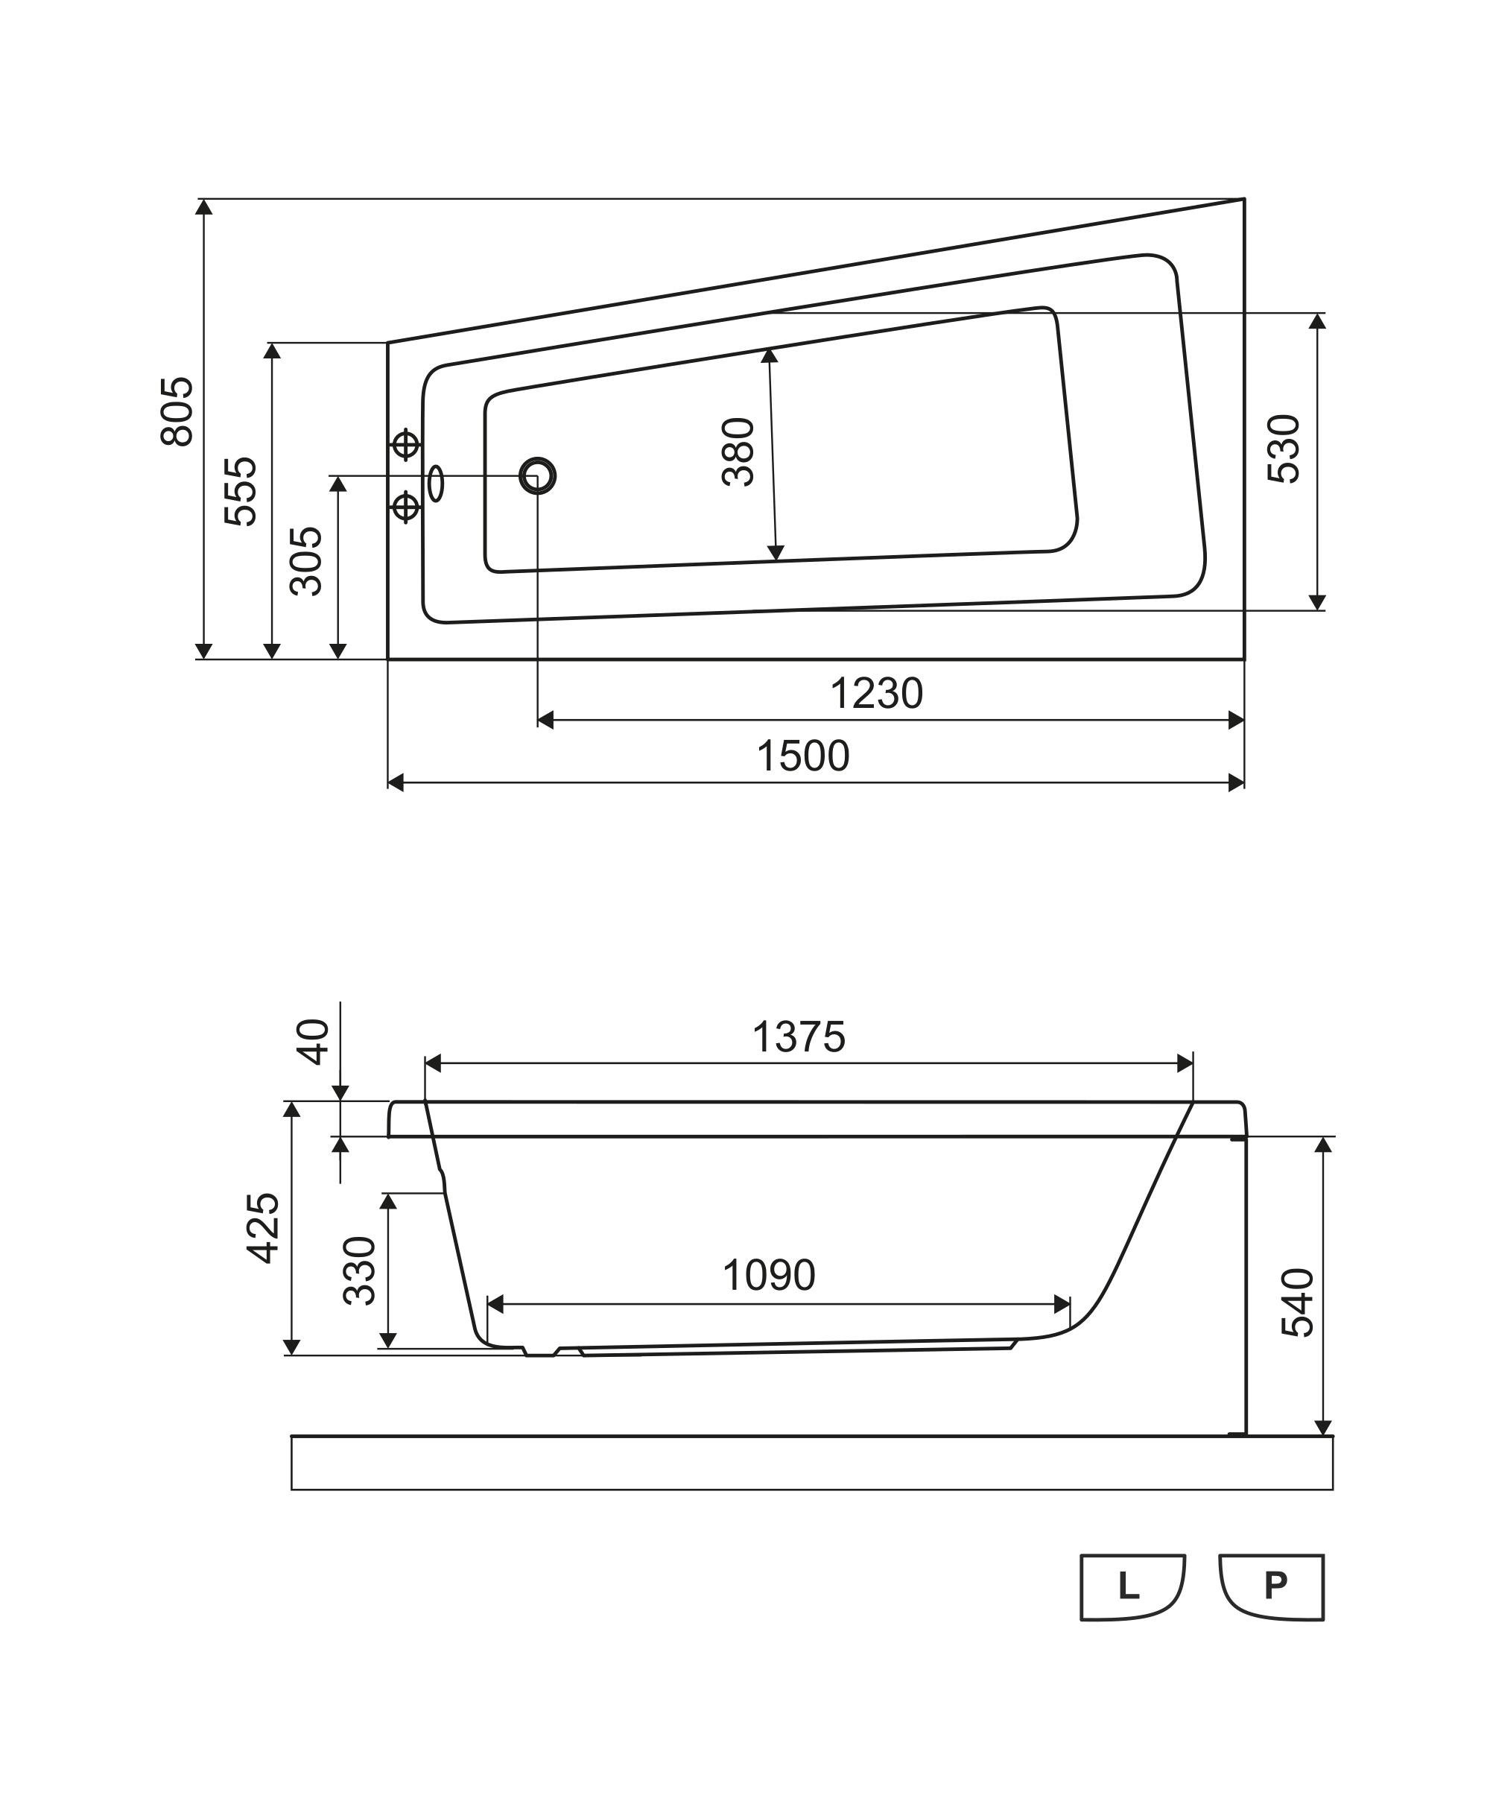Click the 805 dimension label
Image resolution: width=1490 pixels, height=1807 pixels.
coord(177,411)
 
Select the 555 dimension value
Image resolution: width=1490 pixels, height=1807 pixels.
coord(241,491)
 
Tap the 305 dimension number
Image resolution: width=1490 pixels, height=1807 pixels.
coord(306,561)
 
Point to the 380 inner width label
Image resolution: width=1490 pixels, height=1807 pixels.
coord(738,452)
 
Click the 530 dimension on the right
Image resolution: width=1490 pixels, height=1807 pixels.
coord(1284,449)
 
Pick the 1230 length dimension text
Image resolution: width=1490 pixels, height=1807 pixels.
coord(876,694)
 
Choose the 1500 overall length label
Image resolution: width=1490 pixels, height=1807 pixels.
coord(802,756)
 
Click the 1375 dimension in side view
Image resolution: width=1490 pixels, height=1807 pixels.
coord(798,1037)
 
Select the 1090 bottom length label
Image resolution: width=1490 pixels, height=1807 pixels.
coord(768,1276)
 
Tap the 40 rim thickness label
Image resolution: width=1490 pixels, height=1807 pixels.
coord(314,1042)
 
